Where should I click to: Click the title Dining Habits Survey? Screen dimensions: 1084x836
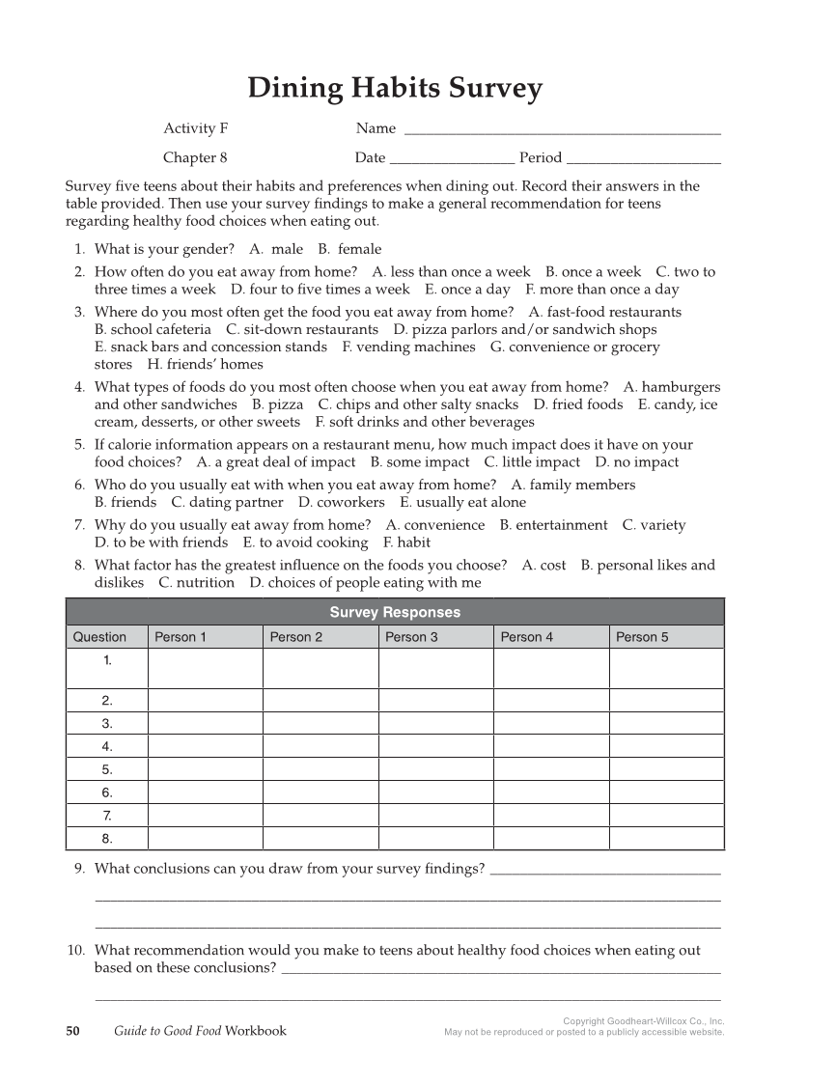(395, 89)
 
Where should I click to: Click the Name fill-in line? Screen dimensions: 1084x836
(562, 130)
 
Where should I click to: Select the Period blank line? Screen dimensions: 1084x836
(644, 159)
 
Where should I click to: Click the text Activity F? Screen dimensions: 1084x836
(195, 128)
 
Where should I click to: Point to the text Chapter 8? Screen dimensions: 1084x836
(195, 157)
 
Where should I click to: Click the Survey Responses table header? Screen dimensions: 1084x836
(395, 612)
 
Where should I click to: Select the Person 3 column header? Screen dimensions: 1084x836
(411, 637)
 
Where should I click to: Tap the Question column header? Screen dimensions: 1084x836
(99, 637)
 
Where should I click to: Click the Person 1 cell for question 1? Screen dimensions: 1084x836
(205, 668)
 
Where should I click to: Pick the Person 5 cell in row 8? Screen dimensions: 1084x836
(666, 838)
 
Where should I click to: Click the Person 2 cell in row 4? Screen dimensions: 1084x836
(320, 746)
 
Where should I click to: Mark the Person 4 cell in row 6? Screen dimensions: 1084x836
(551, 792)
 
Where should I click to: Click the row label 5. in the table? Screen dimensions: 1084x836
(107, 769)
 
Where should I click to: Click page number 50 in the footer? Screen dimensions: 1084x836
(72, 1030)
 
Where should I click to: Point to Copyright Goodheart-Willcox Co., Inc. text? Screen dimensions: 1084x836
(643, 1020)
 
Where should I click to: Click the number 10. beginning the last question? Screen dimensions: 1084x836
(77, 950)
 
